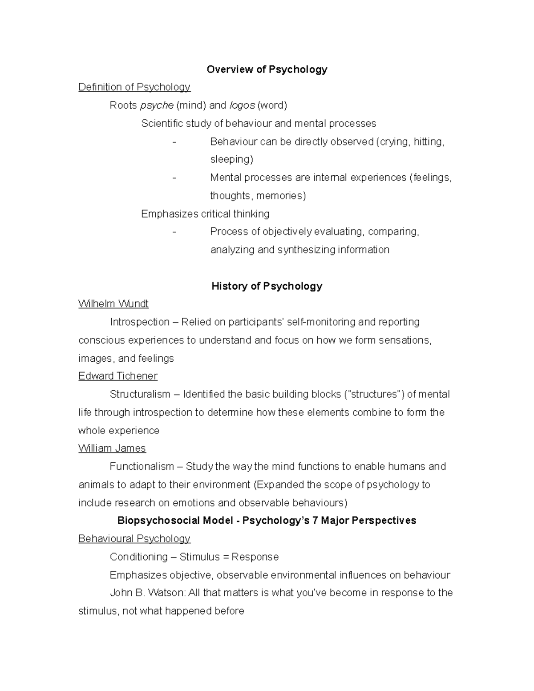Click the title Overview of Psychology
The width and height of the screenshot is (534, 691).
click(267, 69)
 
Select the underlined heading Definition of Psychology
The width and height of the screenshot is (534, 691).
click(134, 87)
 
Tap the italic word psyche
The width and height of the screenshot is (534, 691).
click(157, 105)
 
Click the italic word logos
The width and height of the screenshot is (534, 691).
click(242, 105)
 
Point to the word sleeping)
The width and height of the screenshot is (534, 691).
click(231, 159)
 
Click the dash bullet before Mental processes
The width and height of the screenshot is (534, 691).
click(174, 178)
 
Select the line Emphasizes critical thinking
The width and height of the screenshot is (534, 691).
click(205, 214)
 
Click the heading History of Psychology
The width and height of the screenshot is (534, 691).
click(267, 286)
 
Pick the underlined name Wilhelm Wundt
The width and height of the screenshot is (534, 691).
click(113, 304)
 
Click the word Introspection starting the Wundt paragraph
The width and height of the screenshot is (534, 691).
click(140, 322)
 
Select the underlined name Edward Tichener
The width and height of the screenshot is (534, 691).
click(118, 376)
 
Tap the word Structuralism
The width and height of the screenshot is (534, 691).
click(140, 395)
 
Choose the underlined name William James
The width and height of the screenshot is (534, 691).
click(112, 449)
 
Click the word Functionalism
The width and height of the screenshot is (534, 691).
click(142, 467)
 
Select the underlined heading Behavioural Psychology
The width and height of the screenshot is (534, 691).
click(134, 539)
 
